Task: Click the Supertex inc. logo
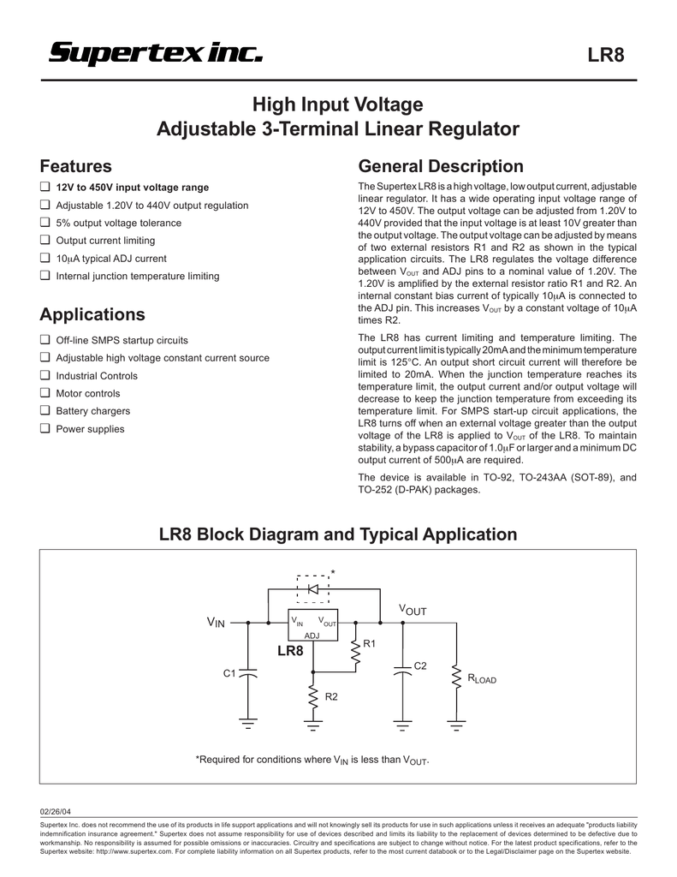click(156, 54)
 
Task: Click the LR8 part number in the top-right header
click(605, 55)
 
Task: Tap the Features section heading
click(75, 166)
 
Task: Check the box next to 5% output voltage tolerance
click(45, 222)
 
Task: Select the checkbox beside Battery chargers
click(45, 410)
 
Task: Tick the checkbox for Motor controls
click(45, 392)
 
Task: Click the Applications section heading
click(92, 314)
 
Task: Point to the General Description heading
click(441, 166)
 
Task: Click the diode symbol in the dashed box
click(313, 589)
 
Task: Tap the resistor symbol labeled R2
click(313, 696)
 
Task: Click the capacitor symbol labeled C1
click(248, 672)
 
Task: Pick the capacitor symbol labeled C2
click(402, 670)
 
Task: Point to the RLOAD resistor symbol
click(456, 678)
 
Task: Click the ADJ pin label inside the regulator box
click(312, 636)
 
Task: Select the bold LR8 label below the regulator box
click(291, 651)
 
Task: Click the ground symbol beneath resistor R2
click(313, 726)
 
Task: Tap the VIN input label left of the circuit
click(216, 622)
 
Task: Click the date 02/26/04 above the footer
click(56, 812)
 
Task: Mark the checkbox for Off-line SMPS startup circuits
click(45, 339)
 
